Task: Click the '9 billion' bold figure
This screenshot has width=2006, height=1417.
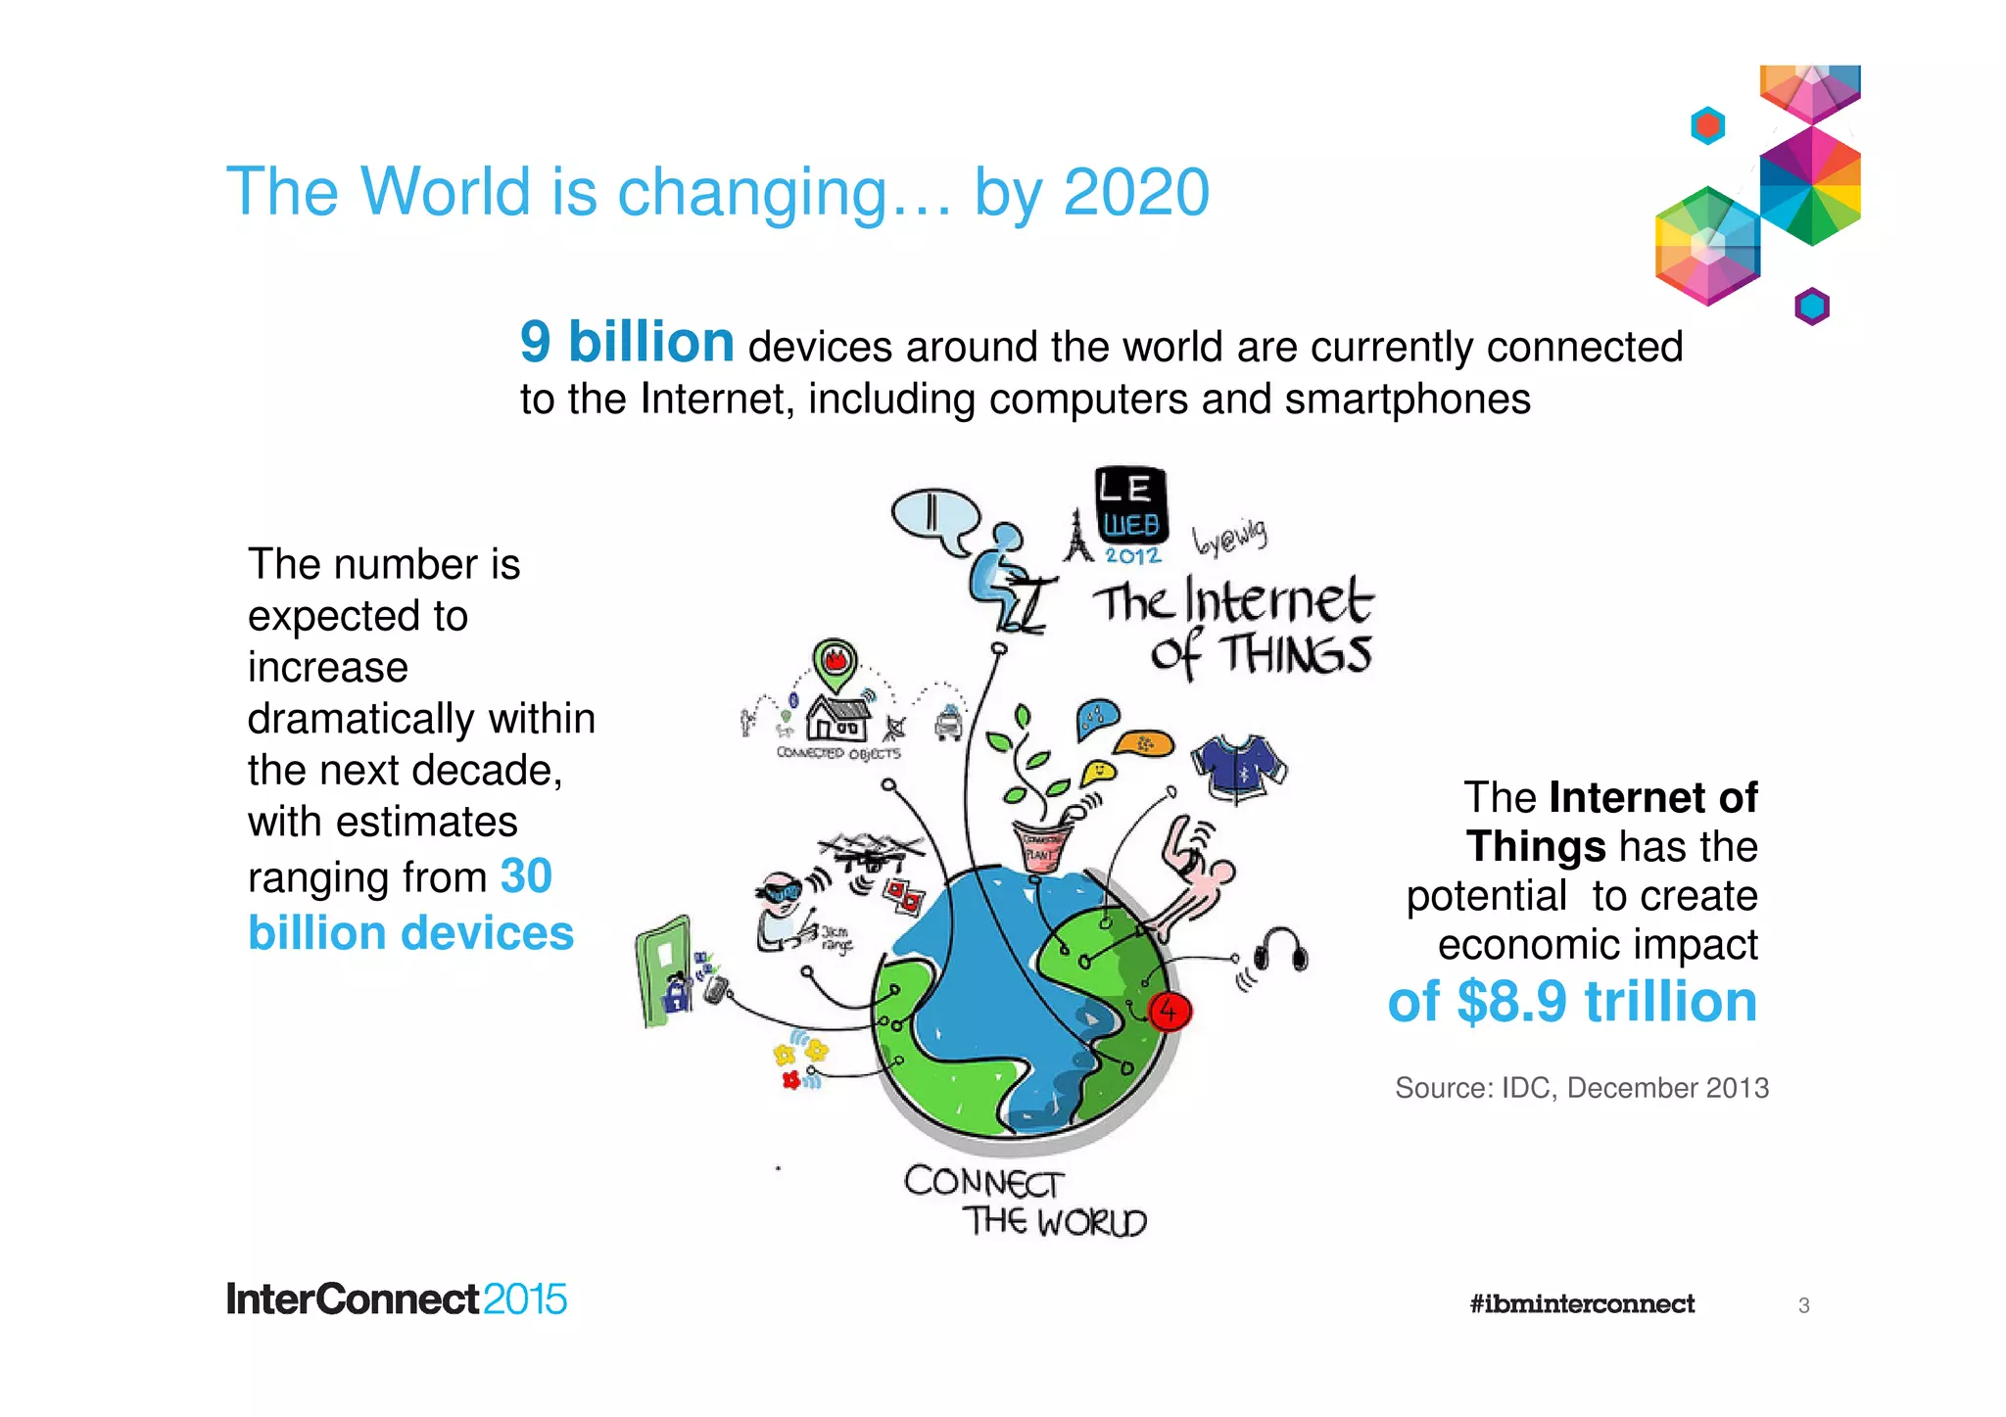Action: (626, 342)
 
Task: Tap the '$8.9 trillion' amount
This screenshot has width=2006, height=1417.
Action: (1606, 1002)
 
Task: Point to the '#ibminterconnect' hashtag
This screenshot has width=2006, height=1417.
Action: (1581, 1303)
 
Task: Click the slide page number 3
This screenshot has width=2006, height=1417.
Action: (1803, 1305)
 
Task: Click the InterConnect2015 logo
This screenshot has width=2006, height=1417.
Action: (397, 1299)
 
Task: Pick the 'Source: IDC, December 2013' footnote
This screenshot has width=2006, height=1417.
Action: (1581, 1088)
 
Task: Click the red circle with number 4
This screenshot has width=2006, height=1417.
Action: (1168, 1010)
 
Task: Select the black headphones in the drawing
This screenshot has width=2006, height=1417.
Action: (1282, 950)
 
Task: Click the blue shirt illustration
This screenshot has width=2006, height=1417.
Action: (1238, 765)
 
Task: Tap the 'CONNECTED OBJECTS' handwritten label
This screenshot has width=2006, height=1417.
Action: (837, 753)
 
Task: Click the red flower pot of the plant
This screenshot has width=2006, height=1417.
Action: (1042, 848)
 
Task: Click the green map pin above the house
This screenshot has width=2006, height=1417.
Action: (835, 664)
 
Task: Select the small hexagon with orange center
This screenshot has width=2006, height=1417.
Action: (1707, 125)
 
